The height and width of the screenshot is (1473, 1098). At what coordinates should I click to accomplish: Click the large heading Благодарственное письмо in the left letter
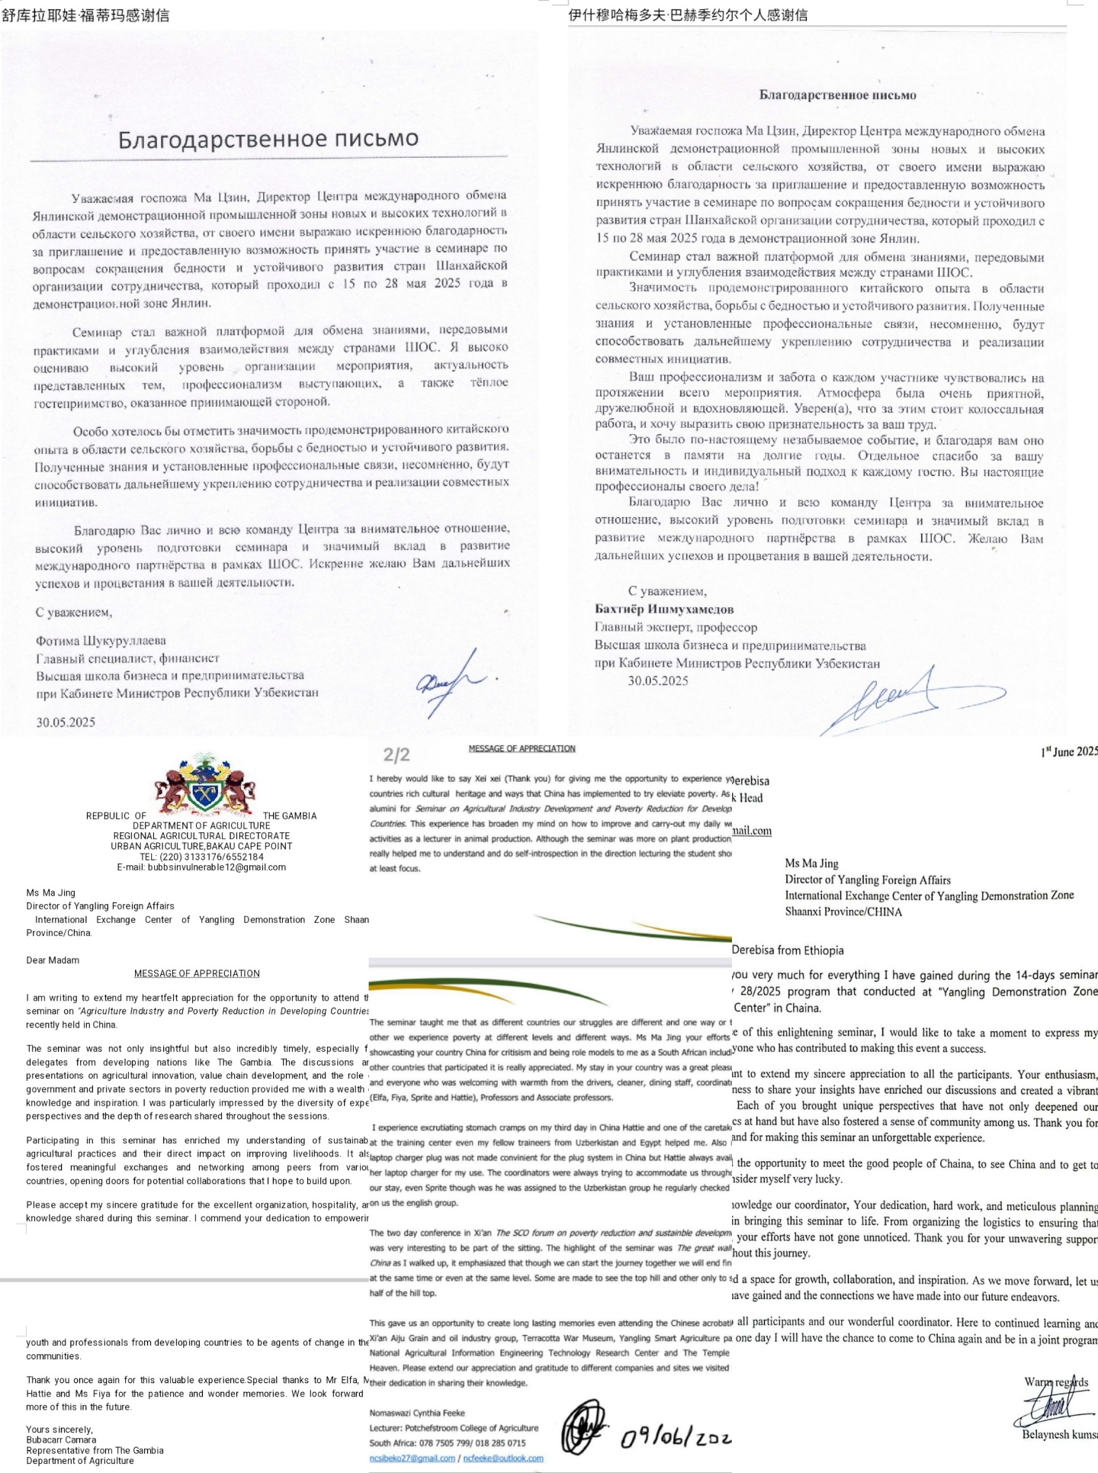pyautogui.click(x=268, y=139)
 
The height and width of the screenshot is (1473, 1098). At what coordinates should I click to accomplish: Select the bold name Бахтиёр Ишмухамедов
pyautogui.click(x=664, y=609)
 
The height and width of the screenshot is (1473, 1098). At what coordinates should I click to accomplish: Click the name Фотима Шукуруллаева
pyautogui.click(x=101, y=641)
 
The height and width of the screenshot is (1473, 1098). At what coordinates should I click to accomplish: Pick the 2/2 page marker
pyautogui.click(x=397, y=755)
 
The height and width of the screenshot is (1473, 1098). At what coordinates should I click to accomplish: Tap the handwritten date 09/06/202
pyautogui.click(x=676, y=1438)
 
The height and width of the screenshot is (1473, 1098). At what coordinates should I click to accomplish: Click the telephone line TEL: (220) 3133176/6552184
pyautogui.click(x=201, y=857)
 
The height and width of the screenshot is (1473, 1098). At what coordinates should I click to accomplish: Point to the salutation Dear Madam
pyautogui.click(x=53, y=960)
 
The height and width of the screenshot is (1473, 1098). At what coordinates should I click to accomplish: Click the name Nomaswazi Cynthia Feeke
pyautogui.click(x=417, y=1413)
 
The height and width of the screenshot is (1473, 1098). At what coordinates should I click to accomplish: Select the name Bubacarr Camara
pyautogui.click(x=61, y=1440)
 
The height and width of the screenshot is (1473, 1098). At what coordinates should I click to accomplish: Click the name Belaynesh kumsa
pyautogui.click(x=1059, y=1434)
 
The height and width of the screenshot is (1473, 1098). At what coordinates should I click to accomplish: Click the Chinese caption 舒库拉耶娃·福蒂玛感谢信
pyautogui.click(x=85, y=15)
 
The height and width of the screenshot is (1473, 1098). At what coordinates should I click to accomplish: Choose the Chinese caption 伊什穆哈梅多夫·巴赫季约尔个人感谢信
pyautogui.click(x=689, y=15)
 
